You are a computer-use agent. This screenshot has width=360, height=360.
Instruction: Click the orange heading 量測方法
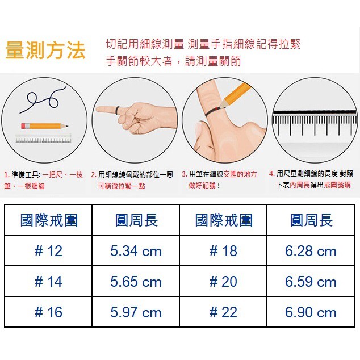(45, 49)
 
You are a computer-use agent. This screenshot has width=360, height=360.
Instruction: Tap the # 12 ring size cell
(48, 251)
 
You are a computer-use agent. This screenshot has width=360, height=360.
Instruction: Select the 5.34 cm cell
(136, 251)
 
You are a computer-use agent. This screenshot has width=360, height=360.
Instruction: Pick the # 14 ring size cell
(48, 281)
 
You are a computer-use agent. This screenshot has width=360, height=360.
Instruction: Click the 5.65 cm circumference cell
(136, 281)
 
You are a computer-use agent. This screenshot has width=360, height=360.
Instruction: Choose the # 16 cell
(48, 312)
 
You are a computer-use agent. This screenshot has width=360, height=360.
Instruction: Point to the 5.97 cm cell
(136, 312)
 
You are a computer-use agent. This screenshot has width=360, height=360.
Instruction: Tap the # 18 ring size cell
(223, 251)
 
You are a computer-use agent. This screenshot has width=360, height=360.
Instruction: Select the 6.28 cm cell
(311, 251)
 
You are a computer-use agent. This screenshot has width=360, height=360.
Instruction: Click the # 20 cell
(223, 281)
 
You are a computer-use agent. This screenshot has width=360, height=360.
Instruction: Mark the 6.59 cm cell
(311, 281)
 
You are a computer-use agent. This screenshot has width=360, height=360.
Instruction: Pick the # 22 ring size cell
(223, 312)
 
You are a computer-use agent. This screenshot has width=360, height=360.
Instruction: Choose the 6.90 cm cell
(311, 312)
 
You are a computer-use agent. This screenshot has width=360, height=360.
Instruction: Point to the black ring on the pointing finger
(118, 111)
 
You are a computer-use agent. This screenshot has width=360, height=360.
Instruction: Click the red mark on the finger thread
(217, 108)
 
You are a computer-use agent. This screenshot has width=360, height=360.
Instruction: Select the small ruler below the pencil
(43, 138)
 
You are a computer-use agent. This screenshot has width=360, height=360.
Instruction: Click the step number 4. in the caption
(272, 174)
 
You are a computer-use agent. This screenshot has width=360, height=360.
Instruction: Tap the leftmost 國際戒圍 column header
(49, 220)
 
